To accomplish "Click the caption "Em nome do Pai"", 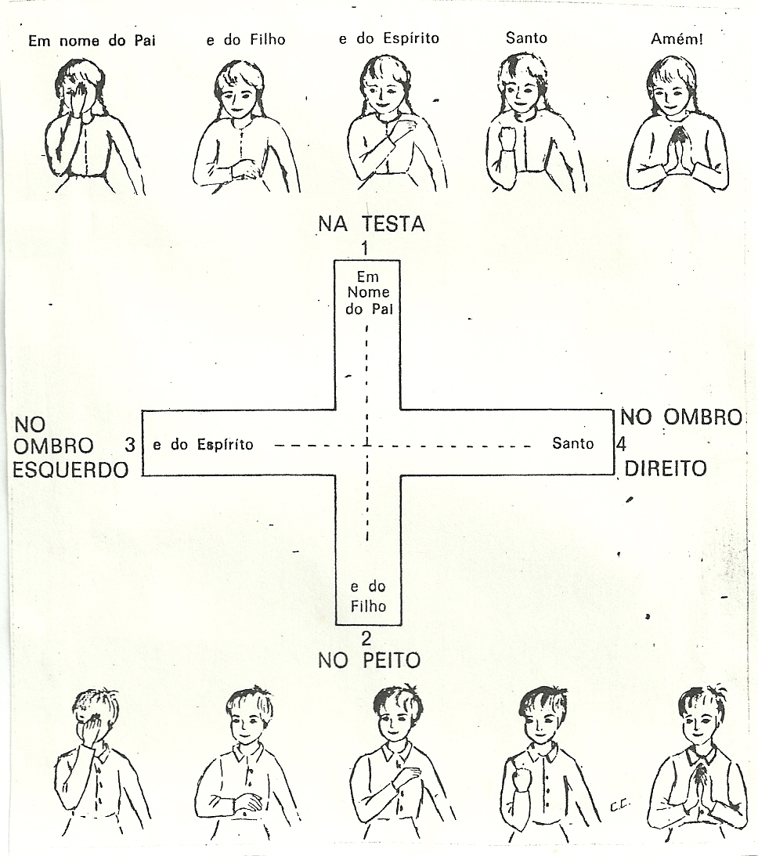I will tap(92, 41).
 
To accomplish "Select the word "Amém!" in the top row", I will tap(677, 38).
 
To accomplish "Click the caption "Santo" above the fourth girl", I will tap(526, 38).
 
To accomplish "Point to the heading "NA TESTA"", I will tap(371, 224).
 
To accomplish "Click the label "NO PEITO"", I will tap(369, 660).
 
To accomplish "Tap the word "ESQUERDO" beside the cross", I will tap(70, 470).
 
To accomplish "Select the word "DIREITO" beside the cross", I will tap(665, 468).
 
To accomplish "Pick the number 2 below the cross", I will tap(366, 637).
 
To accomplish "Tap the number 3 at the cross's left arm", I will tap(130, 445).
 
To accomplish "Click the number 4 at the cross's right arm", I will tap(620, 444).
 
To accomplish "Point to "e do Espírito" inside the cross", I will tap(203, 445).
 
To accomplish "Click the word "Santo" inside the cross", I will tap(572, 444).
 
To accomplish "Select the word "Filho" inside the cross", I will tap(368, 606).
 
